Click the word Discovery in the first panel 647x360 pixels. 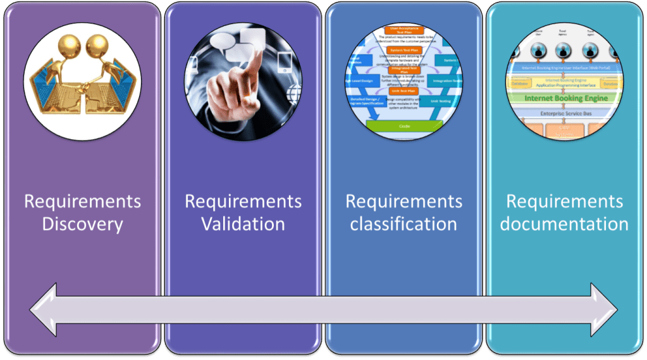(82, 224)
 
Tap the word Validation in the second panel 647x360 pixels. (243, 224)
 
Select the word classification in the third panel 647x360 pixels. (404, 224)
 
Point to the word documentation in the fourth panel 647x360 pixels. (564, 224)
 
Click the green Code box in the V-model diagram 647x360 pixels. (405, 125)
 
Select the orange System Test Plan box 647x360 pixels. (405, 50)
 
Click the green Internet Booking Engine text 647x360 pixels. (565, 99)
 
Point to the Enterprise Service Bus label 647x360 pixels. (565, 113)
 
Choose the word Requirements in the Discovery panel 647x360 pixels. (82, 202)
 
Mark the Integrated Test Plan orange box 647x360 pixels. (405, 70)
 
